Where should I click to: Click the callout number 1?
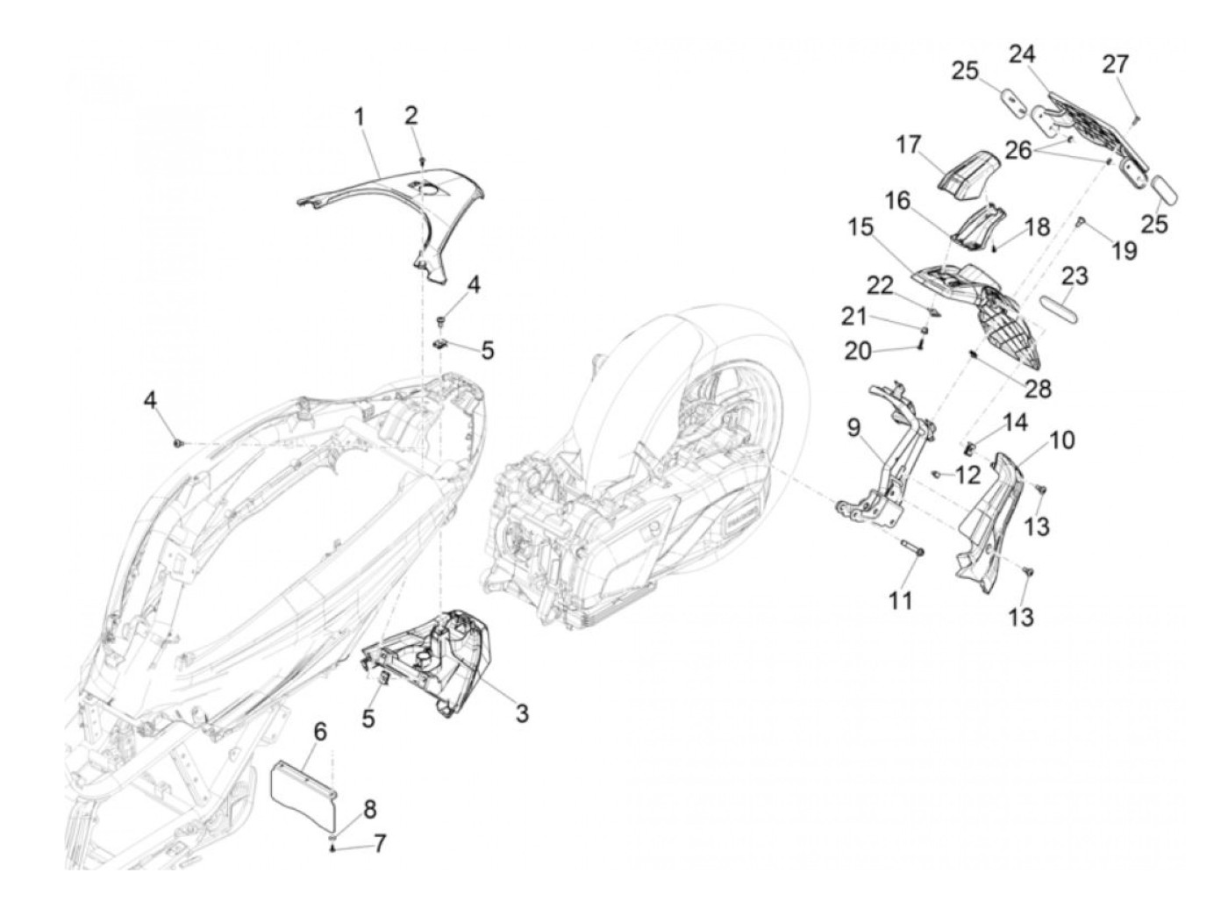[359, 118]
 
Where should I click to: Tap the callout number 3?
[521, 713]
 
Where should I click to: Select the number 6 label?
[320, 732]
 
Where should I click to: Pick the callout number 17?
[909, 145]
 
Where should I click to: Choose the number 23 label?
[1074, 276]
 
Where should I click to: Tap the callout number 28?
[1037, 389]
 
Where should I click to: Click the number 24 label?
[1022, 54]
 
